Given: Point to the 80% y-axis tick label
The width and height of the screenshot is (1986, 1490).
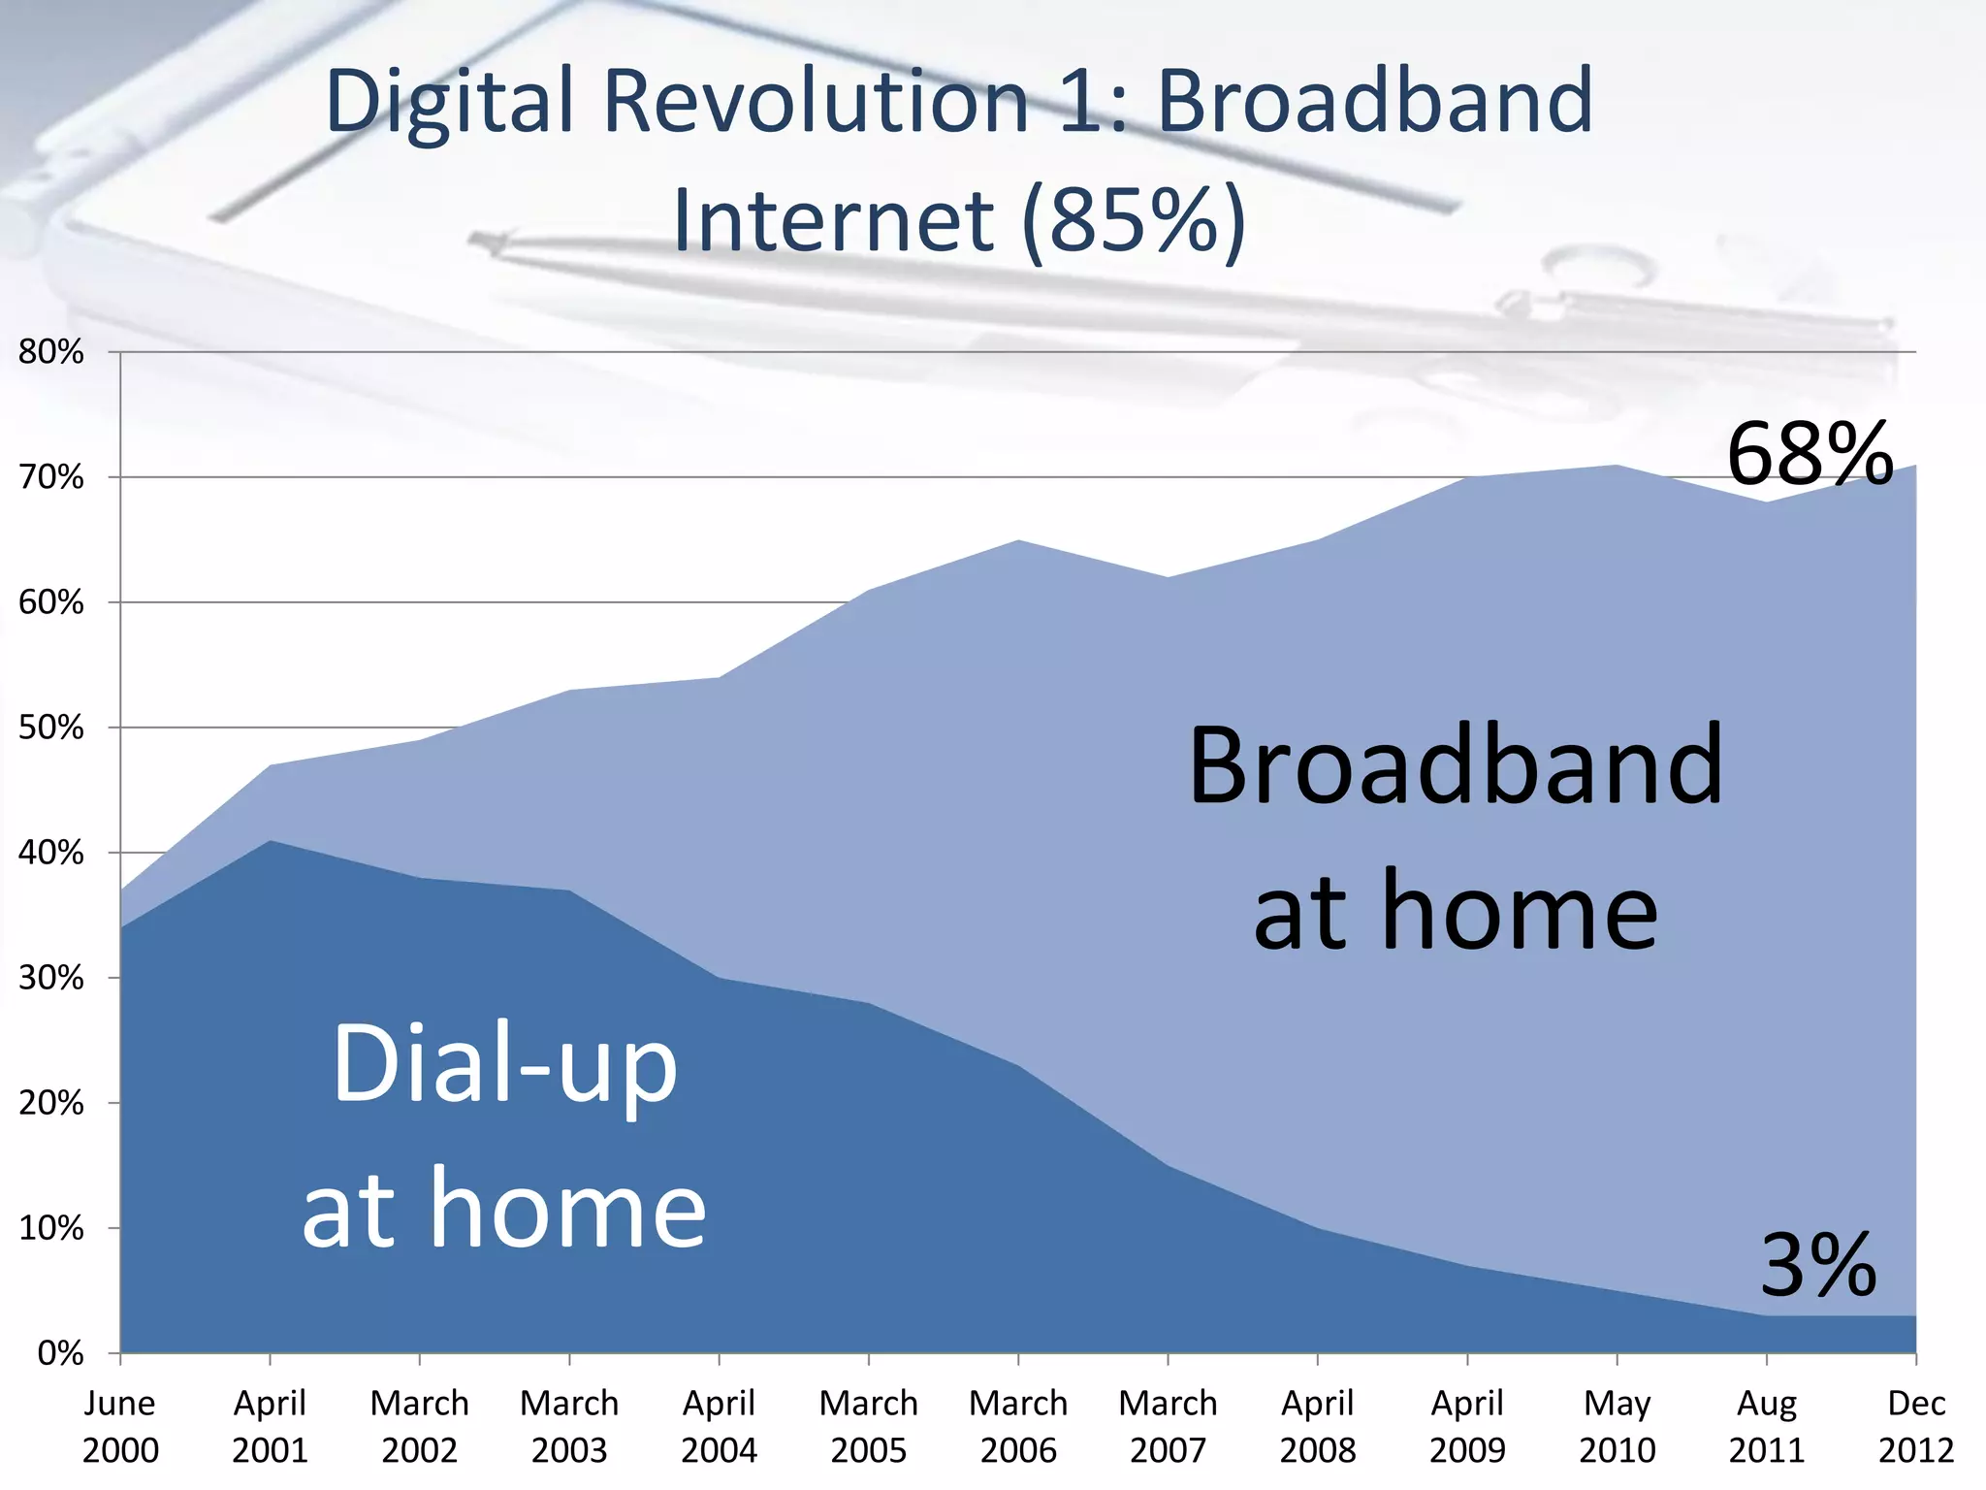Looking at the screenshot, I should coord(51,352).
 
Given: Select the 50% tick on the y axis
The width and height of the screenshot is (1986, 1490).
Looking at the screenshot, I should coord(51,728).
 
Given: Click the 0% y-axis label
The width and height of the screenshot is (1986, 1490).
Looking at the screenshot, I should coord(60,1353).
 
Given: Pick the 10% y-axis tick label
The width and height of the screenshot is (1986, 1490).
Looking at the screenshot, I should coord(51,1228).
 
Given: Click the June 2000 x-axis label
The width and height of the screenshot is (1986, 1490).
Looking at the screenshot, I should coord(120,1426).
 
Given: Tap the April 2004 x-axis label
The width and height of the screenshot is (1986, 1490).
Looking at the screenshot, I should coord(719,1426).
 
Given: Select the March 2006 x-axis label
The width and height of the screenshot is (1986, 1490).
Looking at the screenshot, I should coord(1018,1426).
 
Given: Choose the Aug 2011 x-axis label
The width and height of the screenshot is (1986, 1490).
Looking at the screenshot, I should coord(1766,1426).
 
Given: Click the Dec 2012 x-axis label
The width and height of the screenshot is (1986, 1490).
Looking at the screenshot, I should coord(1916,1426).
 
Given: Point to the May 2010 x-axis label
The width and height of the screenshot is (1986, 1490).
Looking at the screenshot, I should coord(1617,1426).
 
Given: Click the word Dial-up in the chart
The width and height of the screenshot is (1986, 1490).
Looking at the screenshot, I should coord(504,1065).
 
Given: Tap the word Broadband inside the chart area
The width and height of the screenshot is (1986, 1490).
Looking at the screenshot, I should coord(1455,766).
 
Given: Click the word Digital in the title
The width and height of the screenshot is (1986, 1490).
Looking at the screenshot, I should coord(451,101).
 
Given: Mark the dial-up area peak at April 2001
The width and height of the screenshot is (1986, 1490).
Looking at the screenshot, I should coord(271,841).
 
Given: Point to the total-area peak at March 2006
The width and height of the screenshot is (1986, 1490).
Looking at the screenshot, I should coord(1018,541).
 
